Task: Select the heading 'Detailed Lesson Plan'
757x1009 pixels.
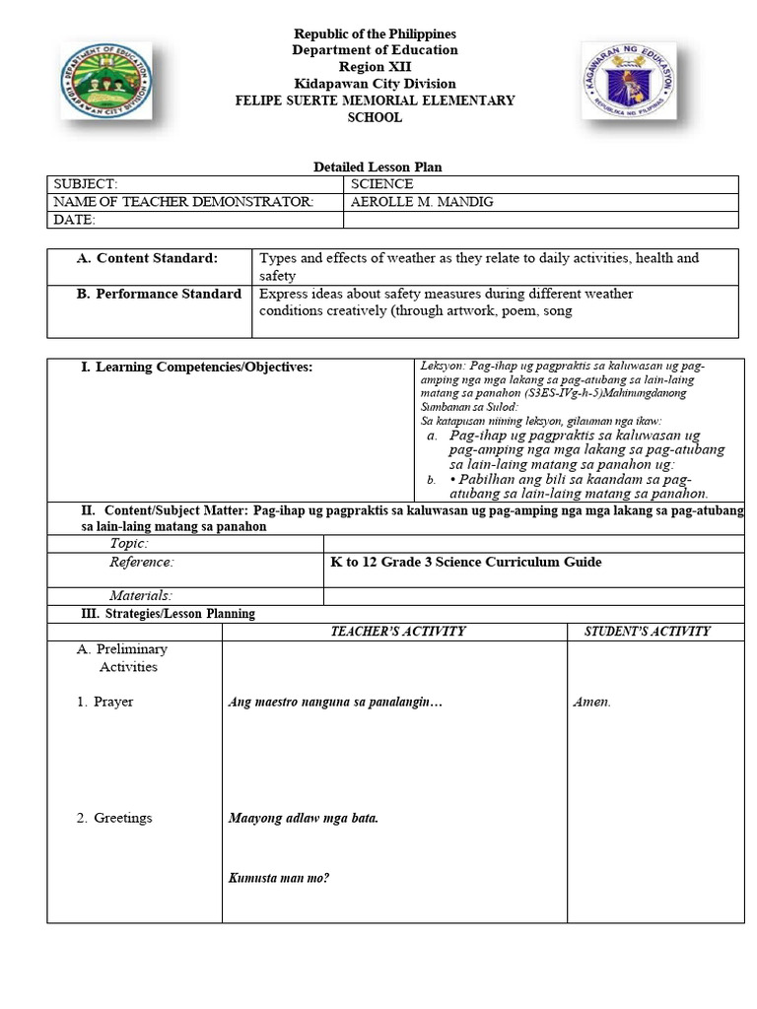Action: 371,168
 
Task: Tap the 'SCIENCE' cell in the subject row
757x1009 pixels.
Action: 381,184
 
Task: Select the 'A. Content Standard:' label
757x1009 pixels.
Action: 148,258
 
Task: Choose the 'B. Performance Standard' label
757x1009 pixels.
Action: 158,294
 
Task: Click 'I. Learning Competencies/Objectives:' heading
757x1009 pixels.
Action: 196,368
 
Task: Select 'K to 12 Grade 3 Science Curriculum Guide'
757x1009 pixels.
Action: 465,563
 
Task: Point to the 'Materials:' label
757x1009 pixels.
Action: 141,595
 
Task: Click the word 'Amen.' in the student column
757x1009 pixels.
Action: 591,703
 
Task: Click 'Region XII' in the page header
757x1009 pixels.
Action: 374,67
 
